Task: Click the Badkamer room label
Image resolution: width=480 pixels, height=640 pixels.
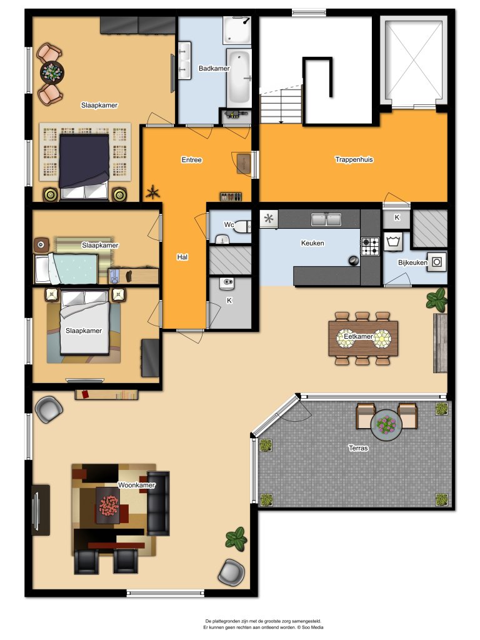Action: (214, 68)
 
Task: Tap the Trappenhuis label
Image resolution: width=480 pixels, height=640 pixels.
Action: (354, 159)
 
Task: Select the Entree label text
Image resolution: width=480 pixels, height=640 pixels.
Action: (191, 160)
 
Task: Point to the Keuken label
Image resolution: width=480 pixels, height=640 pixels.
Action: (312, 243)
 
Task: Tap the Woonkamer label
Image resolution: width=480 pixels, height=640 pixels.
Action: (136, 485)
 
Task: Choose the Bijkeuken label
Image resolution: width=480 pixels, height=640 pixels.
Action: (412, 262)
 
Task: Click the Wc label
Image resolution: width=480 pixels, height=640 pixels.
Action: (229, 224)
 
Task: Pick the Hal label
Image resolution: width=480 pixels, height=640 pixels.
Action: (182, 257)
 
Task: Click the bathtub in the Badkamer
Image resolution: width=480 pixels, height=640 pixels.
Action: (239, 79)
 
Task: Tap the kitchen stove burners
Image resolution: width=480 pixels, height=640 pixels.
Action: (369, 246)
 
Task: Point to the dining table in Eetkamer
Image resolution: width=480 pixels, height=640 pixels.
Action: (363, 338)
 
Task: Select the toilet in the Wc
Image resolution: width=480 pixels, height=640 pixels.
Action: (223, 238)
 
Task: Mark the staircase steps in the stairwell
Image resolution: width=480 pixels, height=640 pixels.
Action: (281, 106)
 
